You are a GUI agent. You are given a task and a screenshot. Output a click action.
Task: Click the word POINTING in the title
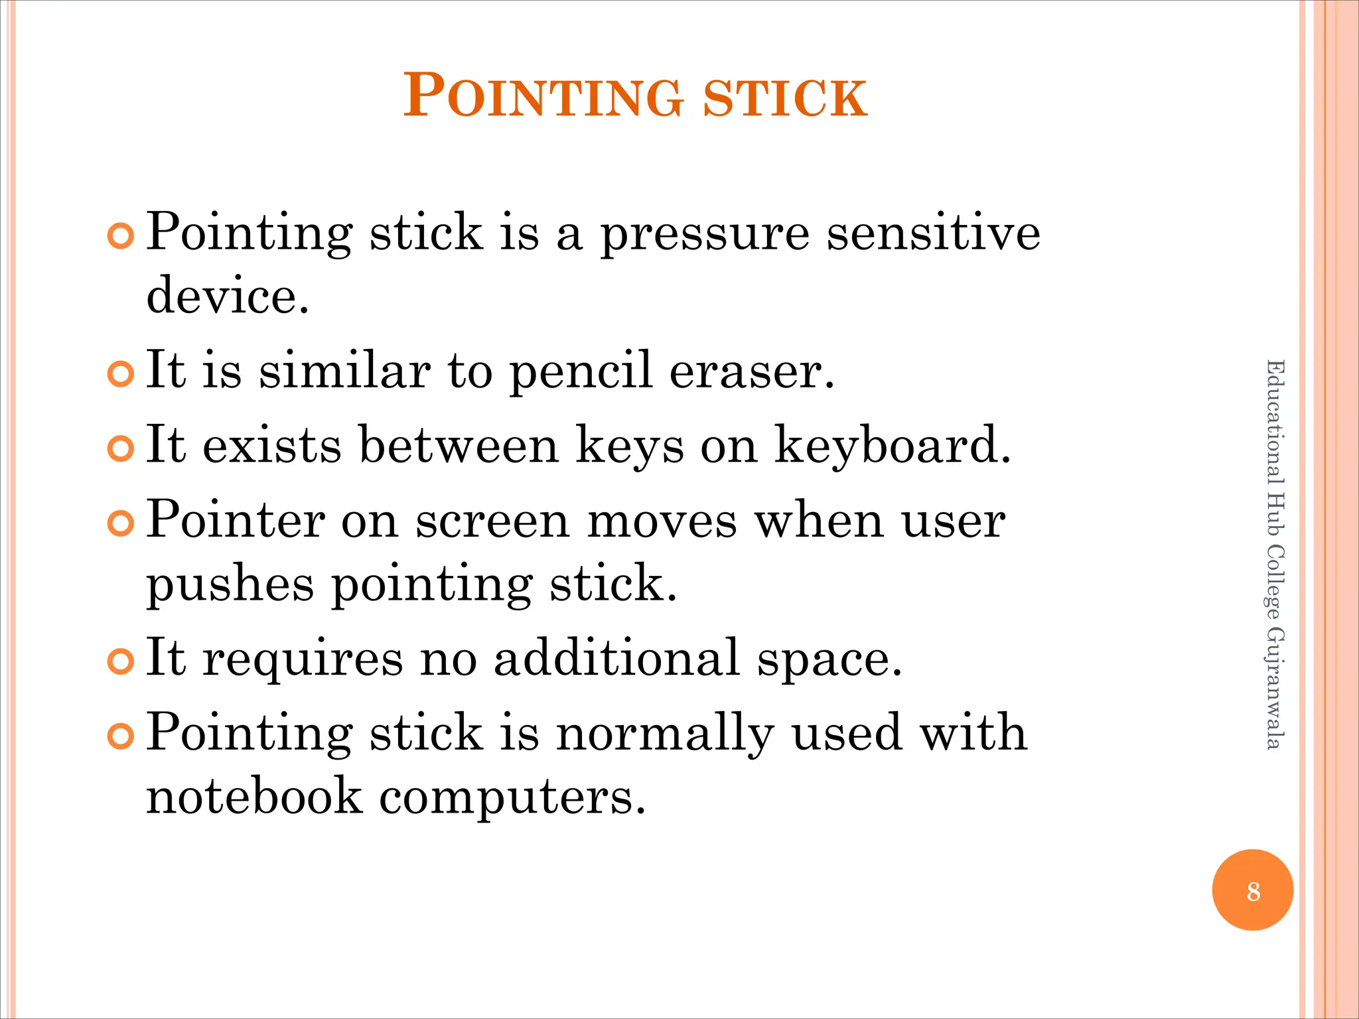click(543, 97)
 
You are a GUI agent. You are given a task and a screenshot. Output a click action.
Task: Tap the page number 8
click(1253, 891)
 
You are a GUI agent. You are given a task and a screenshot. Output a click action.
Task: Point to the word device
click(227, 295)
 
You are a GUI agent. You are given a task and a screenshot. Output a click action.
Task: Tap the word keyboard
click(893, 446)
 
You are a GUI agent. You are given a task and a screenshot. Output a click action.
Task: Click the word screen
click(492, 521)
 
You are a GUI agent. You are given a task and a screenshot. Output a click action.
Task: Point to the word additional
click(616, 658)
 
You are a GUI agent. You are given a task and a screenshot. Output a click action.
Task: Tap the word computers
click(512, 797)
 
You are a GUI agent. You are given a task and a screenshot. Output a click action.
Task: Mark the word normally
click(665, 734)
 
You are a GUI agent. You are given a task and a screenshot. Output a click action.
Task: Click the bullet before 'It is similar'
click(120, 375)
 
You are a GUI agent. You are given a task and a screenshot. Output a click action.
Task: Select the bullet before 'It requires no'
click(120, 662)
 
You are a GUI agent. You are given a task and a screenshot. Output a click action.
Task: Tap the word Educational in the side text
click(1275, 422)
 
